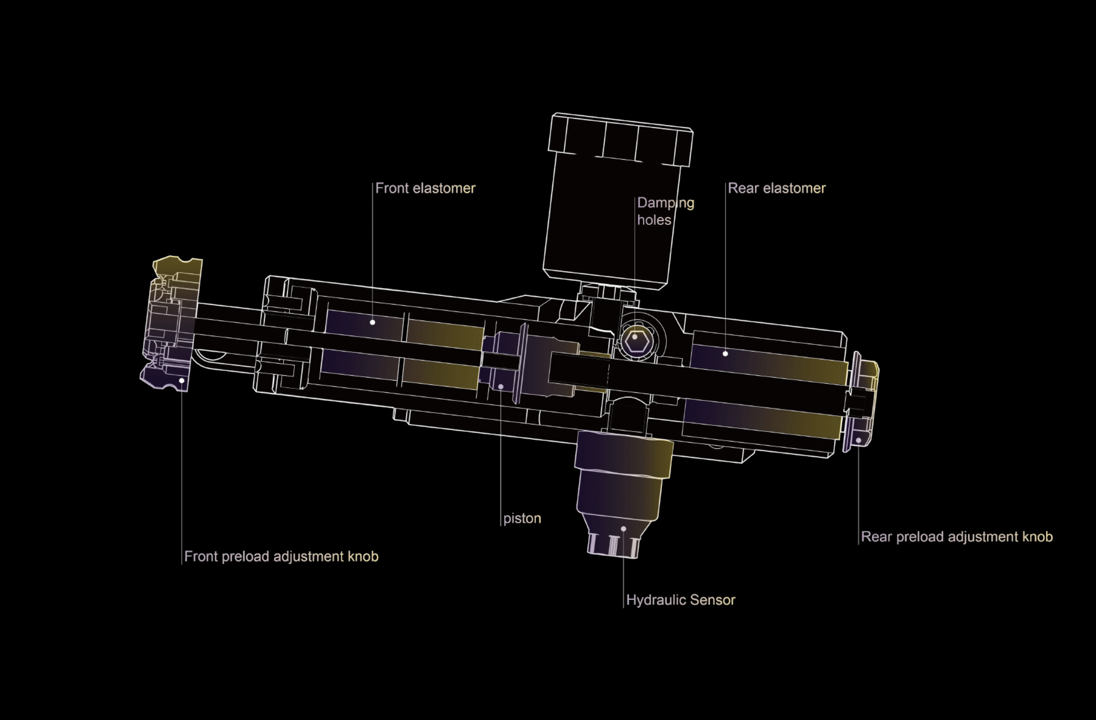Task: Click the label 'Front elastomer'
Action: (425, 188)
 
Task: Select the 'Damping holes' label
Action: (665, 211)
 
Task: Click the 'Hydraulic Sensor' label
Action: (681, 600)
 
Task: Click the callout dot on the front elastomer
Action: (373, 322)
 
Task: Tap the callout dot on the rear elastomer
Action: (725, 354)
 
